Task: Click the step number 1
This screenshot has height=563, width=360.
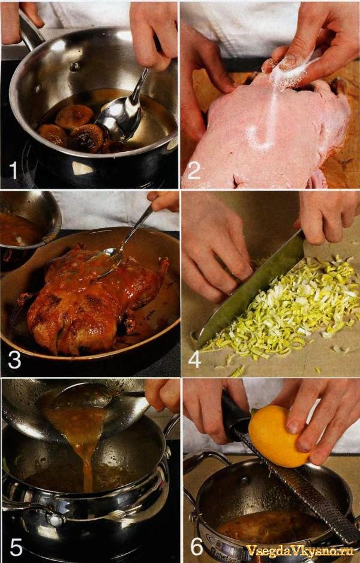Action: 13,170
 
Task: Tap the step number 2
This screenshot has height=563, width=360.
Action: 193,171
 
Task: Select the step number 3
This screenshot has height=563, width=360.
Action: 14,360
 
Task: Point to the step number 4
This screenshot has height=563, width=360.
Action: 194,360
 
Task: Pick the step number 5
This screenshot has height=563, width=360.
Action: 16,547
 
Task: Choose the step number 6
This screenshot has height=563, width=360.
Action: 197,547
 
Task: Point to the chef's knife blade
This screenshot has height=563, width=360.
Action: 248,291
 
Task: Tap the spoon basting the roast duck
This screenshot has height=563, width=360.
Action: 122,241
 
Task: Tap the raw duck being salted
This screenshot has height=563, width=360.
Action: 266,133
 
